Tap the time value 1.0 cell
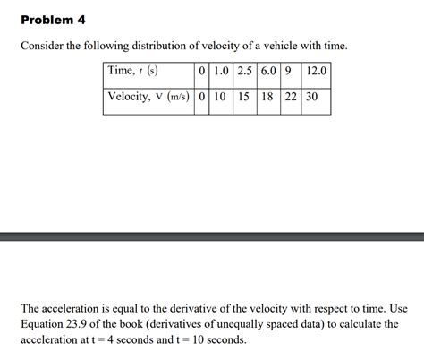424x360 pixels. pyautogui.click(x=219, y=72)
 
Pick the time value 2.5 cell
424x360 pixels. pyautogui.click(x=245, y=72)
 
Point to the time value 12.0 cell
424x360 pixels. pyautogui.click(x=316, y=72)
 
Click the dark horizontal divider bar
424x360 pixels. pyautogui.click(x=212, y=236)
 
